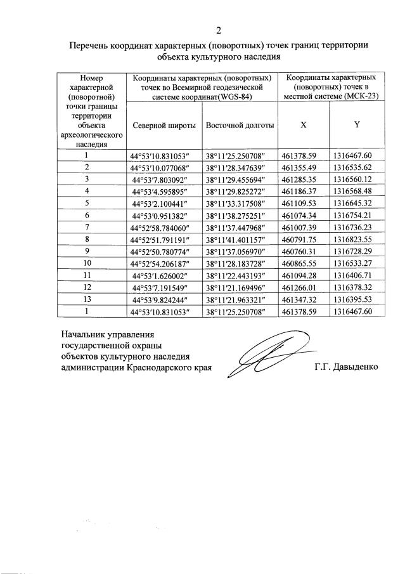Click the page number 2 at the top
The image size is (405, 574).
[x=219, y=30]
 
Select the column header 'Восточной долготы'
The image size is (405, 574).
[x=240, y=125]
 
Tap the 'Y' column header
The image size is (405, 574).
[x=357, y=125]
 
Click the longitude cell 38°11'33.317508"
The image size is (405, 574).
[x=240, y=203]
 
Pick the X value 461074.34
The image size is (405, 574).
[x=303, y=215]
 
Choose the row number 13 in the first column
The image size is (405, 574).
[x=89, y=299]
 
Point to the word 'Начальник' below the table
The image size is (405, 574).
[x=84, y=333]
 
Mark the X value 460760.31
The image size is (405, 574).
[x=303, y=251]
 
